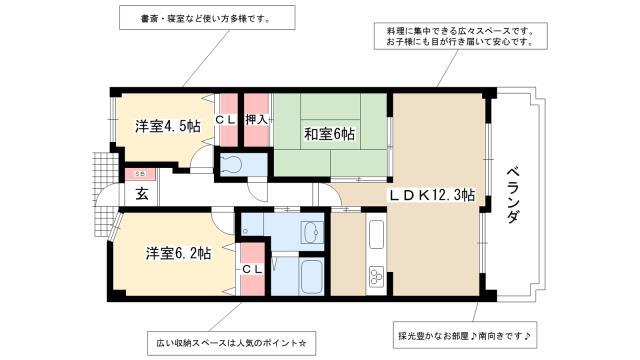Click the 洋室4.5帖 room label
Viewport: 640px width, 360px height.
tap(168, 126)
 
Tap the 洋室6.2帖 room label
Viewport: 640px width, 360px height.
tap(178, 254)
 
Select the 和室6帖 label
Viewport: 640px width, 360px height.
tap(329, 134)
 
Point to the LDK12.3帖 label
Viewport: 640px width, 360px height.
tap(431, 195)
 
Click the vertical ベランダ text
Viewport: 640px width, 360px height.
tap(513, 194)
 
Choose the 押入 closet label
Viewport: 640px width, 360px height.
tap(256, 119)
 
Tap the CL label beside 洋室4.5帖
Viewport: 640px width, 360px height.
tap(226, 120)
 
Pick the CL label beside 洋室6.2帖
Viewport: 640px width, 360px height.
tap(253, 269)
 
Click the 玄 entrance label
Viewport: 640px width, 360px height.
tap(142, 194)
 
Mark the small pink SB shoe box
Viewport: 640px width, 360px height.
tap(140, 174)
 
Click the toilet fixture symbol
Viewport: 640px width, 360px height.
tap(231, 164)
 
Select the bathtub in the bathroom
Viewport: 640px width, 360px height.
tap(311, 276)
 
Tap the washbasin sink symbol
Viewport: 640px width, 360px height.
tap(312, 232)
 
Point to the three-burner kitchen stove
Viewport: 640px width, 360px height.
tap(377, 276)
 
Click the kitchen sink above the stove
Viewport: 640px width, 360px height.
tap(376, 234)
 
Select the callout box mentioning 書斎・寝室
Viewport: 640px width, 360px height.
tap(207, 18)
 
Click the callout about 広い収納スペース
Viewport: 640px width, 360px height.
tap(231, 343)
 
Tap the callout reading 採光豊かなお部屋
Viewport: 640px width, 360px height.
tap(465, 335)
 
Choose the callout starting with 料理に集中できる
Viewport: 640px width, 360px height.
tap(460, 36)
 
